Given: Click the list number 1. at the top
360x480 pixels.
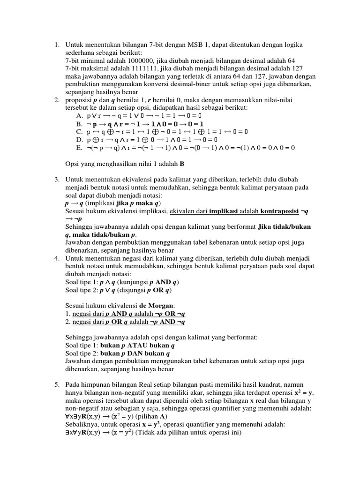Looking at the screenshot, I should (56, 45).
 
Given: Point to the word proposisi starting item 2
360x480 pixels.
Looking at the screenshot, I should (79, 100).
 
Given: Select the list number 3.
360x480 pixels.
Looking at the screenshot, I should (56, 180).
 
